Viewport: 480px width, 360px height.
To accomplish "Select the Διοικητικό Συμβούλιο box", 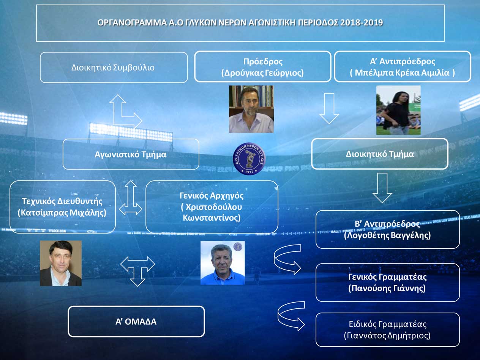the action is pos(114,68).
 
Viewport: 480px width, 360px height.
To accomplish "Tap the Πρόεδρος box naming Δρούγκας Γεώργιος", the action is pos(263,67).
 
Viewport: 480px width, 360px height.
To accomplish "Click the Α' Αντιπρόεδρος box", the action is pos(403,67).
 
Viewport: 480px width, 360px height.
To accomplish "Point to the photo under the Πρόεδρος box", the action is pos(251,109).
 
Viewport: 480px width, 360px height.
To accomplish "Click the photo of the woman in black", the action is pos(398,110).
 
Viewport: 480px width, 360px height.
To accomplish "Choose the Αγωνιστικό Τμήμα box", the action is pos(131,154).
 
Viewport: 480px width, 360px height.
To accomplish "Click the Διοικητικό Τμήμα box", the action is pos(380,154).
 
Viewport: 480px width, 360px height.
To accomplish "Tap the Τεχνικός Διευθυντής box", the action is pos(63,207).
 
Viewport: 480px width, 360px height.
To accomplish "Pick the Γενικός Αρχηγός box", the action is pos(212,207).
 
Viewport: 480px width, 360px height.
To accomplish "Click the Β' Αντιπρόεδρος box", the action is pos(387,229).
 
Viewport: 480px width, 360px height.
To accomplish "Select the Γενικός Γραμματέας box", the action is pos(387,283).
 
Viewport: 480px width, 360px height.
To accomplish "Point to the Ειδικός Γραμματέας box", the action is pos(387,330).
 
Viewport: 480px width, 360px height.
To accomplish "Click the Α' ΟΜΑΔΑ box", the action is pos(136,322).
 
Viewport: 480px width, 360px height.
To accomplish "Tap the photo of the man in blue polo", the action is pos(223,263).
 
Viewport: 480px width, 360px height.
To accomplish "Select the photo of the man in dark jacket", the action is pos(61,263).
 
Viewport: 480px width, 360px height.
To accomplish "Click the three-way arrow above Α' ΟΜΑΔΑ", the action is pos(137,268).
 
